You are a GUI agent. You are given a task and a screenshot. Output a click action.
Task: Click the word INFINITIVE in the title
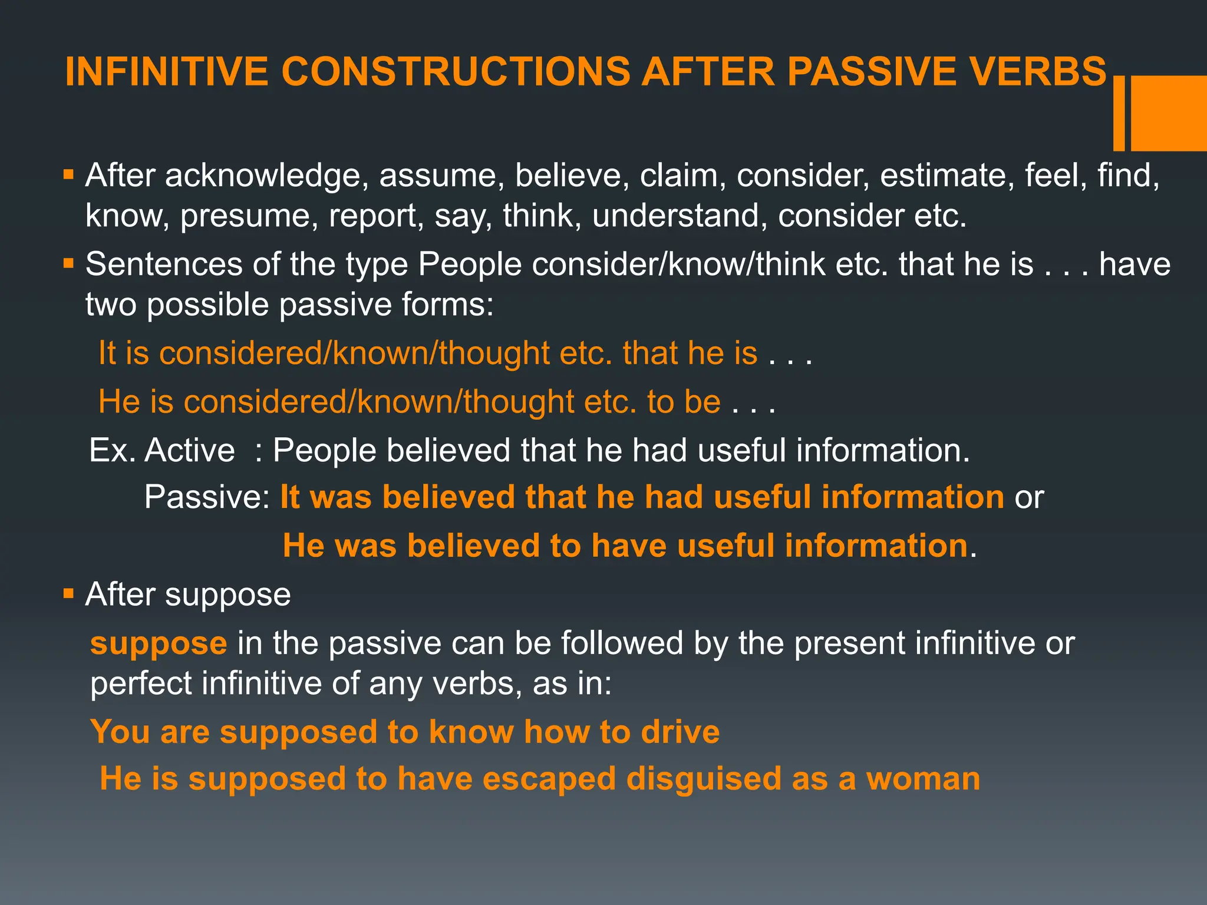click(x=167, y=72)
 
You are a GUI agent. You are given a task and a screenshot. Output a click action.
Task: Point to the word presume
click(x=245, y=216)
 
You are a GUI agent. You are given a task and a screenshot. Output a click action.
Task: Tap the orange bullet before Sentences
click(x=69, y=262)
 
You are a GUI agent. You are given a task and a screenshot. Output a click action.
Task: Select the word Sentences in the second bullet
click(x=164, y=264)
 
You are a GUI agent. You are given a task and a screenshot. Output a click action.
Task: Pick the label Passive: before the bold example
click(x=207, y=497)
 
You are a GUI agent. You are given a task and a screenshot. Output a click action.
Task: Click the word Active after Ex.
click(x=190, y=451)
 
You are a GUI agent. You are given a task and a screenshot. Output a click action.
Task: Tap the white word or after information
click(x=1029, y=497)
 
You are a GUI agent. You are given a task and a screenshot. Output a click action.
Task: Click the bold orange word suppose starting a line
click(x=159, y=643)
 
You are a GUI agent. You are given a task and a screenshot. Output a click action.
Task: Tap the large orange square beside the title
click(x=1169, y=113)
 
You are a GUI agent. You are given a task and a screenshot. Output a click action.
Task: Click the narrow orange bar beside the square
click(x=1119, y=113)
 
